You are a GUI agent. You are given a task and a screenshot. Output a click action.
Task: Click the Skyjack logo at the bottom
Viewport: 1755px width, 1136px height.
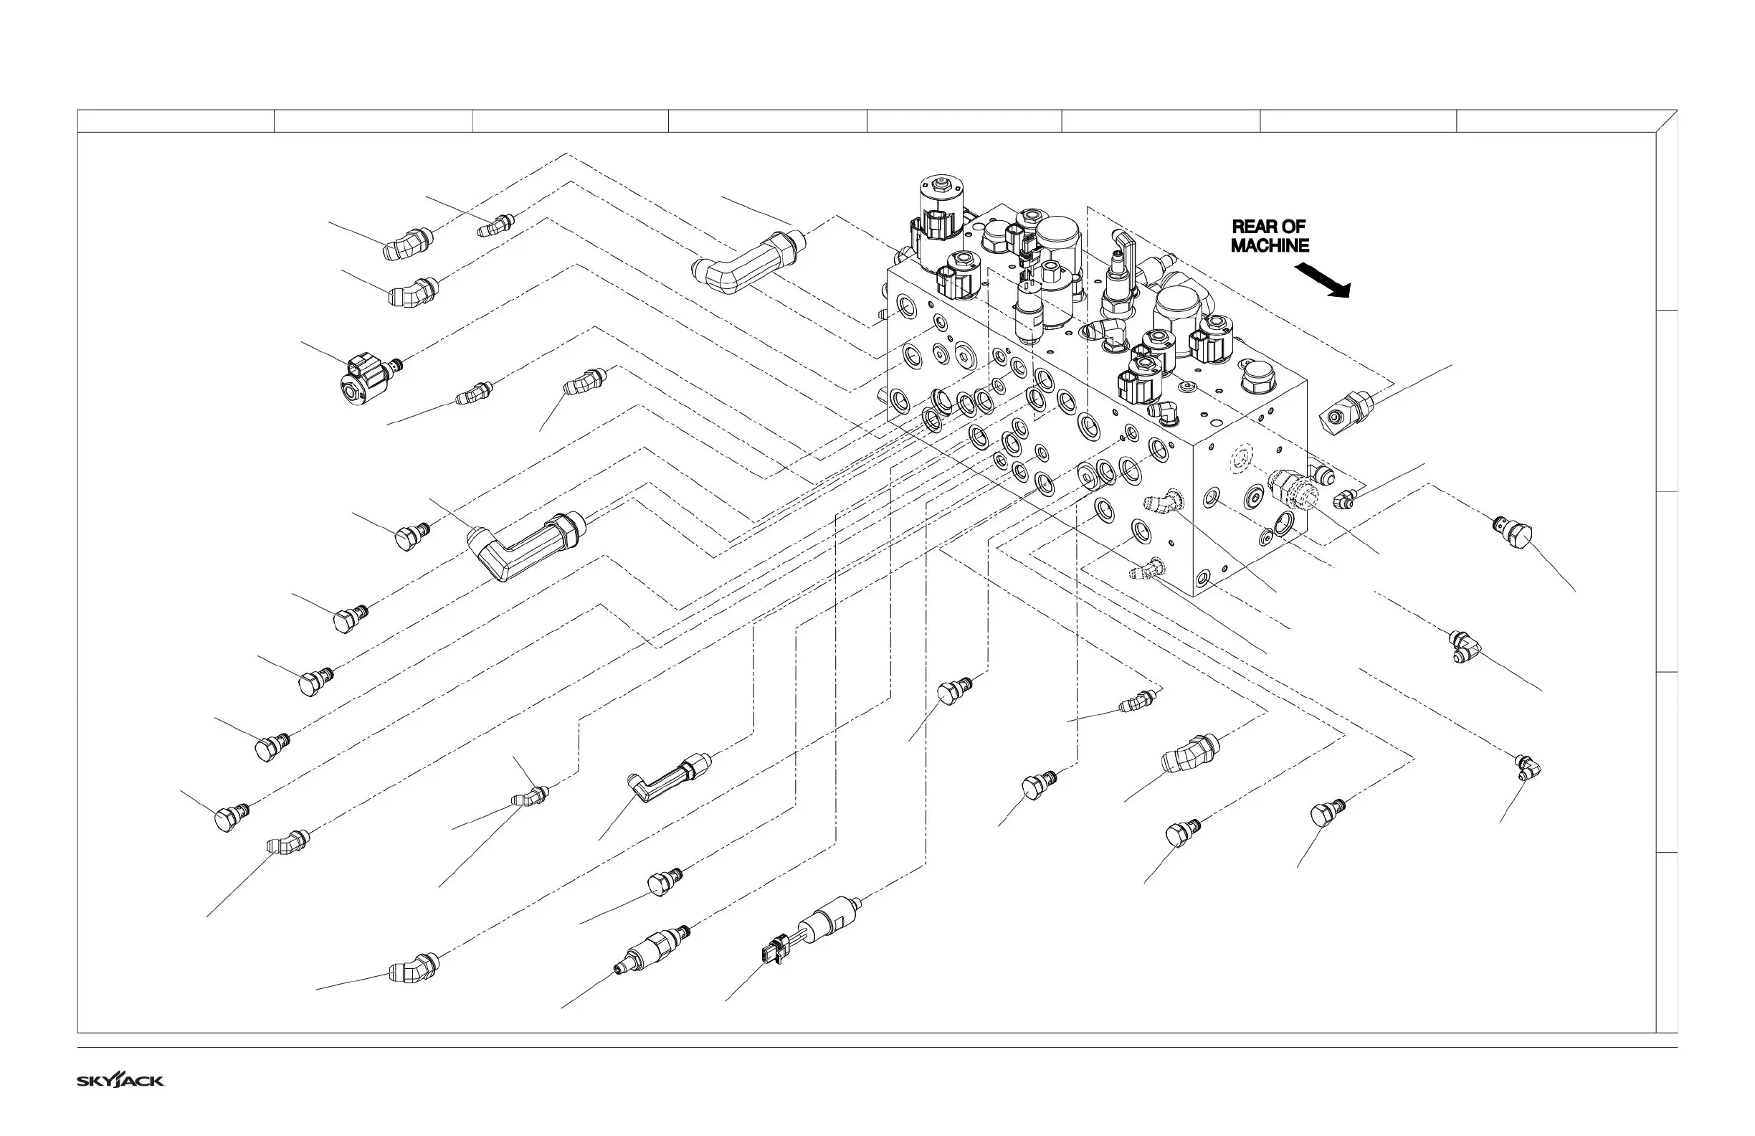(121, 1081)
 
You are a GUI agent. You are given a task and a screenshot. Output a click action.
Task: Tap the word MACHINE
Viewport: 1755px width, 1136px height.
(1270, 246)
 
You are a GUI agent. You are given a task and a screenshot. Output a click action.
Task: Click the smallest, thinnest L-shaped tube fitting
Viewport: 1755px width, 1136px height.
(669, 780)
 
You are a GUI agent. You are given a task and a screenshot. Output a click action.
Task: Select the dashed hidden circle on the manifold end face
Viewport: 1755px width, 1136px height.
(1241, 459)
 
